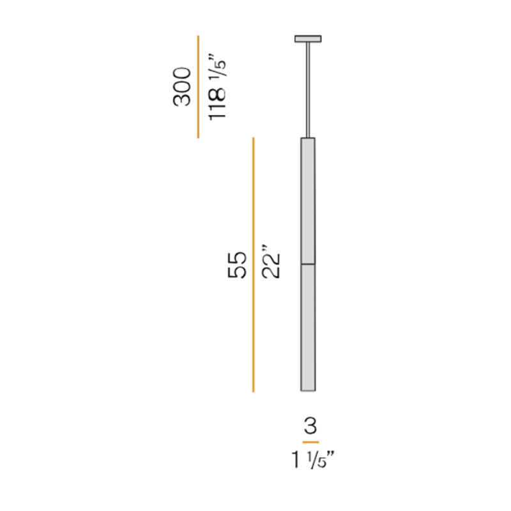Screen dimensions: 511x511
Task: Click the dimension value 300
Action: click(183, 86)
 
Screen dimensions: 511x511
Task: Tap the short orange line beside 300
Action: click(198, 86)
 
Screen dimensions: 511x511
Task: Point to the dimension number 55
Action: click(237, 264)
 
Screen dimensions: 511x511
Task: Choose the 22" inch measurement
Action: click(271, 261)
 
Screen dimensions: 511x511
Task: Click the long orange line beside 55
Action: click(254, 264)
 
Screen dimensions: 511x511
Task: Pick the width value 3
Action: click(310, 425)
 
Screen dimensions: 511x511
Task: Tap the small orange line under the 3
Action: click(310, 442)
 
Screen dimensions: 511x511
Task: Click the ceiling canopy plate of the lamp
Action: click(308, 39)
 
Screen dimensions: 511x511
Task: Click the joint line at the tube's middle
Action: click(308, 263)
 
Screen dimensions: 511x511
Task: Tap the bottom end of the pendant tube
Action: click(308, 389)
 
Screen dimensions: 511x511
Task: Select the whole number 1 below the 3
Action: click(296, 460)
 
